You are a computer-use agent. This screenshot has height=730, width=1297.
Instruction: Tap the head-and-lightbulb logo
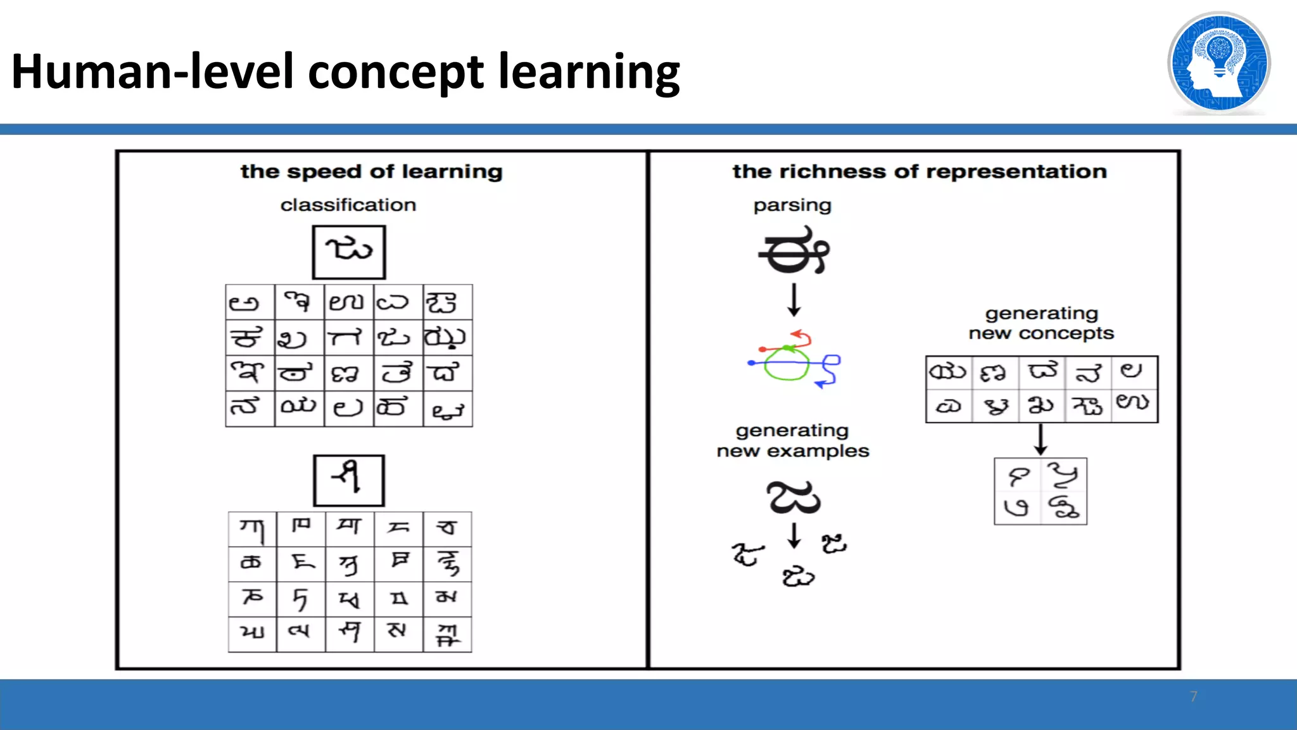point(1218,63)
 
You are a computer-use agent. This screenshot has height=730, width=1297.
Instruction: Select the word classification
point(348,205)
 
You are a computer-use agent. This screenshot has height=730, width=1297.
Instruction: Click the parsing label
point(792,205)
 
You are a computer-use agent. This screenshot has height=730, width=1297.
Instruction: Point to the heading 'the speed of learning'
point(372,172)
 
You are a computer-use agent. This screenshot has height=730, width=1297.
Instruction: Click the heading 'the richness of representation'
point(920,172)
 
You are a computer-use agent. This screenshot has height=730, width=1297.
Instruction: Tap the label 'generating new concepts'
point(1041,323)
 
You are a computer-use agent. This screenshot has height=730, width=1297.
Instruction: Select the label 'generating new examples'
point(792,440)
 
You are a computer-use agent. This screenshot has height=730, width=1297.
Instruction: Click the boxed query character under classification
point(349,252)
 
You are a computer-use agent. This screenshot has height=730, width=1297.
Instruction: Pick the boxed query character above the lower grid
point(349,480)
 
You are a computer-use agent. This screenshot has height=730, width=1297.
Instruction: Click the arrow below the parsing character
point(794,300)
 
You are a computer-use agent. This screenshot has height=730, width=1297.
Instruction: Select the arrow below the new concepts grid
point(1041,439)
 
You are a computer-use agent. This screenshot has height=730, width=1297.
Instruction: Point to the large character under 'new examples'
point(793,497)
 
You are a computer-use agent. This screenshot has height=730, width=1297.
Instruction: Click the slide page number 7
point(1193,696)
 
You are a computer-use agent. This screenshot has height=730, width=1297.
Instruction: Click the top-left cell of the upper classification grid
point(250,302)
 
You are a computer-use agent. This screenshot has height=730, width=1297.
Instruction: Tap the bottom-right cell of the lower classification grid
point(447,634)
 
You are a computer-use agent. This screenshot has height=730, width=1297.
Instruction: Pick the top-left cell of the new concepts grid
point(949,372)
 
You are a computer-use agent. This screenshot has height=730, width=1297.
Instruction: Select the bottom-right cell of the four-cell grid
point(1064,508)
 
